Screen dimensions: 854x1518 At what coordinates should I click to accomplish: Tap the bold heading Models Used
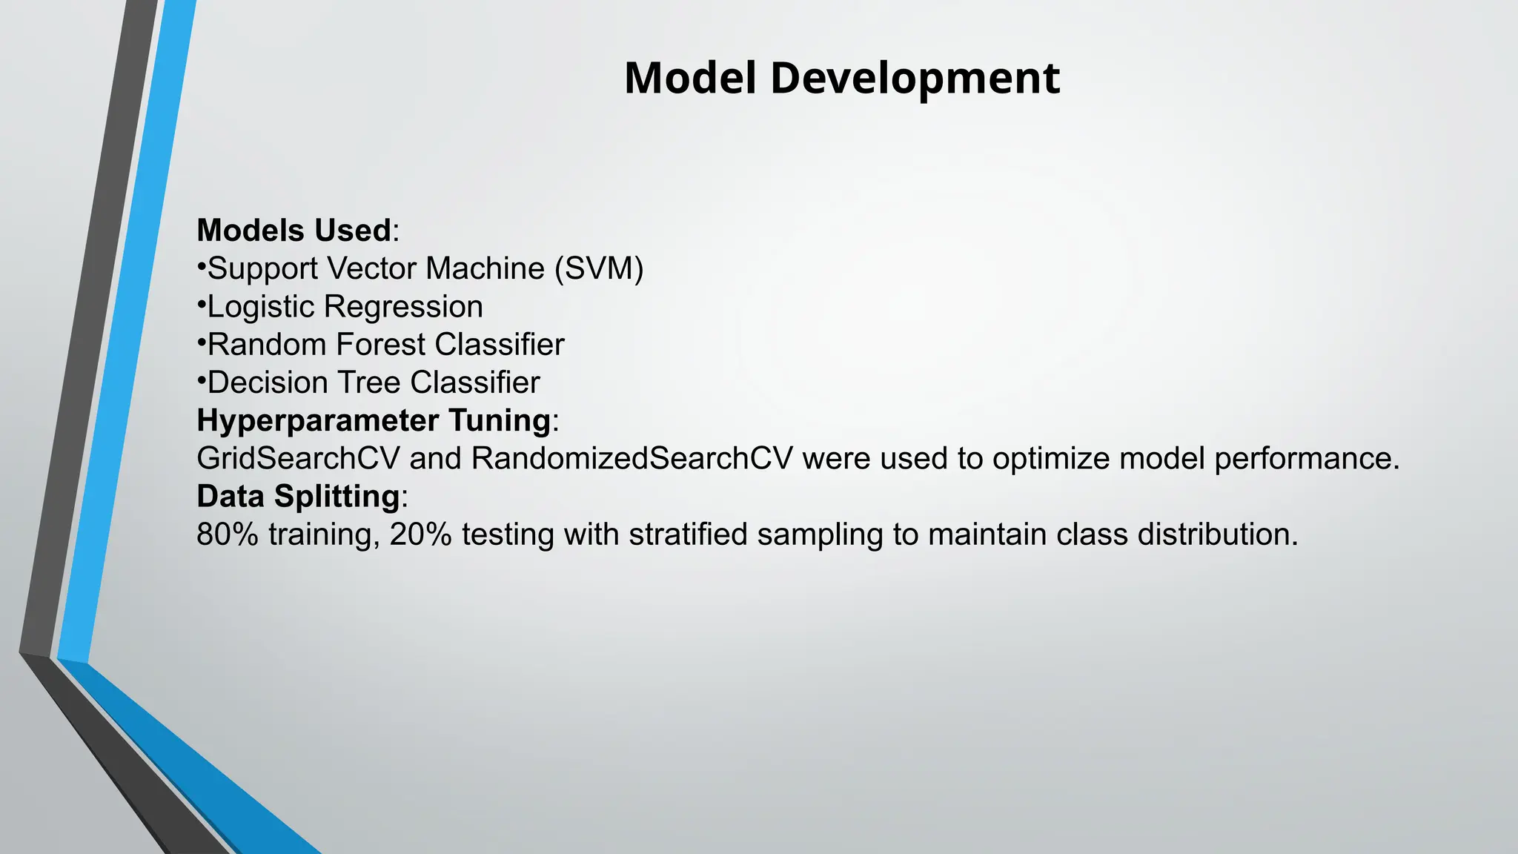click(294, 231)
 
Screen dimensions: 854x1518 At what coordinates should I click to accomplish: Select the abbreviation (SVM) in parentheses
click(599, 268)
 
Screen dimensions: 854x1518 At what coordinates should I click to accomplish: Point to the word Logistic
click(261, 307)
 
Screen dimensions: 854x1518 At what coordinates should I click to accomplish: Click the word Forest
click(380, 345)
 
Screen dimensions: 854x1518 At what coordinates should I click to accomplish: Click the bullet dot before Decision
click(201, 380)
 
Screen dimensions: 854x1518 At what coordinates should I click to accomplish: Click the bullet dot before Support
click(201, 266)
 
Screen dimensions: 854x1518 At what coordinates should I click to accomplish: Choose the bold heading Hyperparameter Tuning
click(374, 421)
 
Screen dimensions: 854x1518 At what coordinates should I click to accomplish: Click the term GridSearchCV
click(298, 459)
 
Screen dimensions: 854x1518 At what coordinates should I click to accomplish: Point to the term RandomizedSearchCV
click(632, 459)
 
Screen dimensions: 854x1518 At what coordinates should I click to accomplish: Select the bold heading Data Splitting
click(298, 497)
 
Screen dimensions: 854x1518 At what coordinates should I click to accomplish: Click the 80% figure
click(228, 534)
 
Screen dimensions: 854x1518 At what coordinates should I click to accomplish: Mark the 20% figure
click(420, 534)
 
